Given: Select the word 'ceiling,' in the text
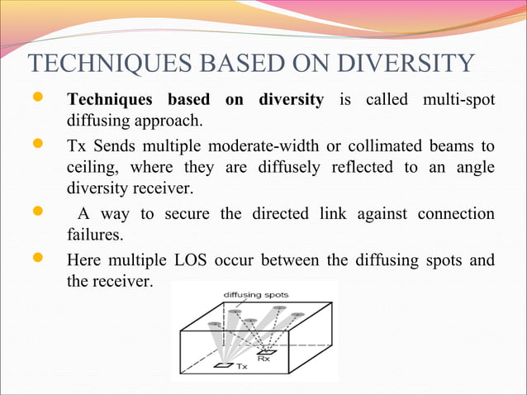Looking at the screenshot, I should [x=93, y=169].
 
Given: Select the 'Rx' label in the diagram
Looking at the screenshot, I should [x=263, y=359].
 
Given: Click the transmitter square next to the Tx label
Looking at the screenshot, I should [x=222, y=364].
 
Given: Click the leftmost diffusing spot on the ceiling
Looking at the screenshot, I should [x=215, y=323].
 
